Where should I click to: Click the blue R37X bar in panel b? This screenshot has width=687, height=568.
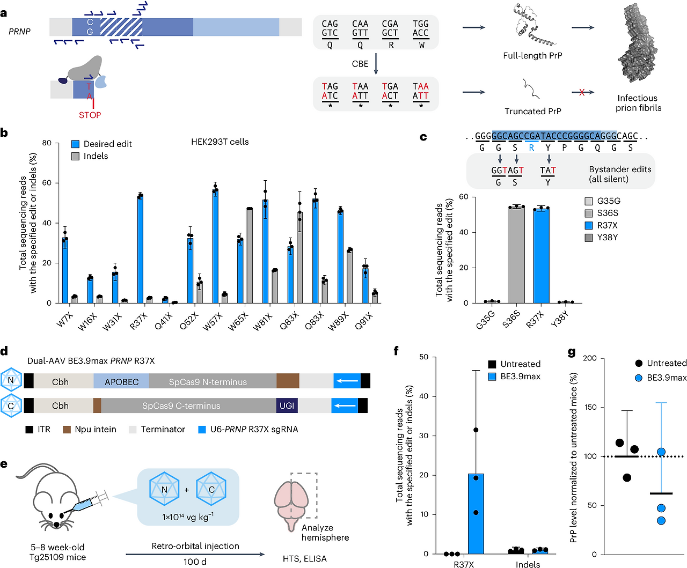point(140,249)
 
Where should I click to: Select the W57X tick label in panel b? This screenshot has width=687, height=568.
point(213,321)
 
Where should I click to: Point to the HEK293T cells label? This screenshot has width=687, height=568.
point(220,142)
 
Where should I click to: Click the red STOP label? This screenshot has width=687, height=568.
point(90,115)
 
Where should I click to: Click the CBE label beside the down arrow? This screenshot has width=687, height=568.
point(360,64)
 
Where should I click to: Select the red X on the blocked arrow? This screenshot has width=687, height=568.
point(582,93)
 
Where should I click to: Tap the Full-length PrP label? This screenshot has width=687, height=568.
point(532,56)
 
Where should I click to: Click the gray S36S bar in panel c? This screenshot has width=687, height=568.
point(516,255)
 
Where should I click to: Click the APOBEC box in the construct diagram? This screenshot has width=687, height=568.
point(121,382)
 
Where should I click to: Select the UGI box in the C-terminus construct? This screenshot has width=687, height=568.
point(287,405)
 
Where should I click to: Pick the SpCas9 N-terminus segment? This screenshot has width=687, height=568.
point(208,382)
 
